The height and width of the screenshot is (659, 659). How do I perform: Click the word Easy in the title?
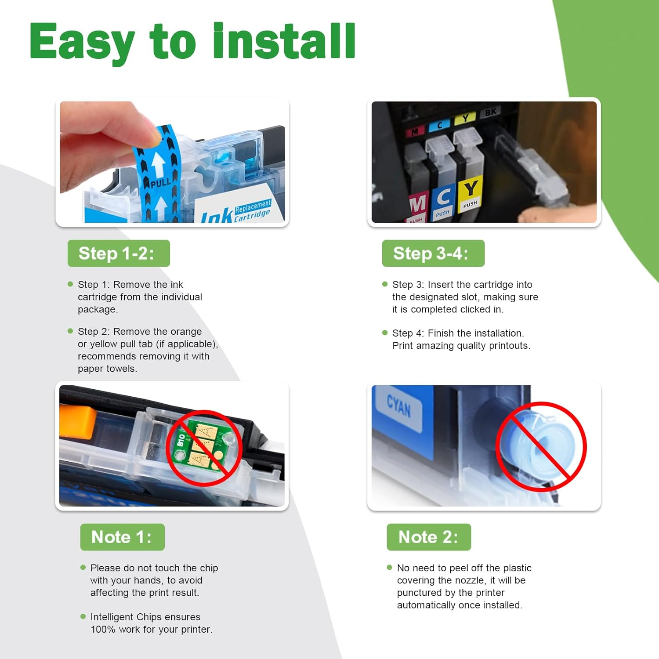(x=82, y=42)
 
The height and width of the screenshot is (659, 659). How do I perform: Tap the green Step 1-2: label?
(x=118, y=253)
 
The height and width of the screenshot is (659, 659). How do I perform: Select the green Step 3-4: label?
(x=433, y=253)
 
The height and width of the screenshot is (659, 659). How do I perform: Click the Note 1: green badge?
(x=122, y=537)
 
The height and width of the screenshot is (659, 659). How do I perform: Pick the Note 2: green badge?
(x=428, y=537)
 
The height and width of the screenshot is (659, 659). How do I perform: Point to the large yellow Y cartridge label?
(x=471, y=189)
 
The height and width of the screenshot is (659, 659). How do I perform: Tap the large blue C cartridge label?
(x=443, y=197)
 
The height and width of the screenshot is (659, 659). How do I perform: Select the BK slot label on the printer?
(x=491, y=112)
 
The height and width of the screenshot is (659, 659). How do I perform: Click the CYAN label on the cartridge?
(x=399, y=406)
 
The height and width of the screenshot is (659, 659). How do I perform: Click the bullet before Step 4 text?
(x=385, y=333)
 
